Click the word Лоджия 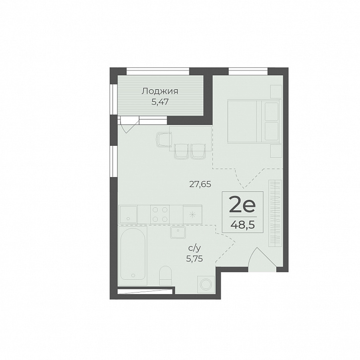tap(160, 91)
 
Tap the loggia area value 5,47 tap(160, 102)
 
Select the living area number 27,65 tap(200, 184)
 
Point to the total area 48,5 tap(242, 225)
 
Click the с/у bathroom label tap(194, 248)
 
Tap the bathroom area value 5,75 tap(194, 259)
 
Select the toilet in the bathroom tap(165, 276)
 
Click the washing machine tap(206, 285)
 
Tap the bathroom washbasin tap(178, 232)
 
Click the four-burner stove tap(160, 214)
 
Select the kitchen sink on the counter tap(128, 214)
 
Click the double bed tap(254, 121)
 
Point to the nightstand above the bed tap(276, 91)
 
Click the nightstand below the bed tap(276, 151)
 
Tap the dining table tap(190, 138)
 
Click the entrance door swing tap(262, 259)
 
